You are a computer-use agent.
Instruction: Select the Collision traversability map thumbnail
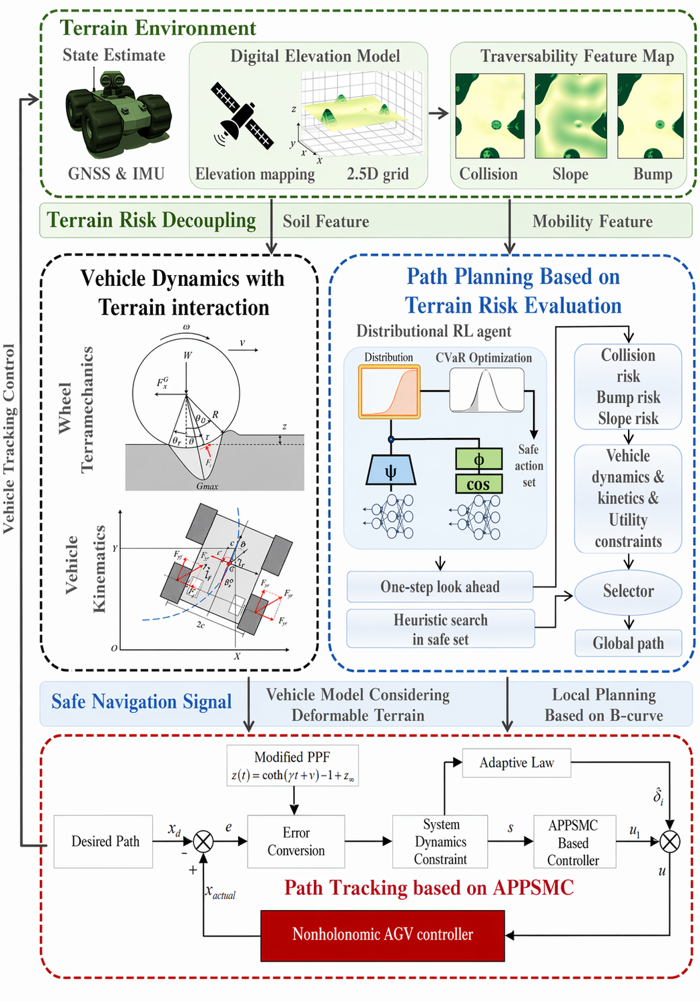point(489,116)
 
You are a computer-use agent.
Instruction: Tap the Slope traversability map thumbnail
point(571,116)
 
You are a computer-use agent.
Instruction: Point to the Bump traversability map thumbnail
point(651,116)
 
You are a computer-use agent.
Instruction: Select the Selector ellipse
point(628,592)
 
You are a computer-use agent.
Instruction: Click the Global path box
point(628,643)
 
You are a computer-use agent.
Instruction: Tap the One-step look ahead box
point(440,587)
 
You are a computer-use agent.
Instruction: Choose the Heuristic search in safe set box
point(440,629)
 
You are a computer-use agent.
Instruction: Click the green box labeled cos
point(478,484)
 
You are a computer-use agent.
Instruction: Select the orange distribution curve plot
point(390,392)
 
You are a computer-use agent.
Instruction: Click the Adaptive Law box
point(516,763)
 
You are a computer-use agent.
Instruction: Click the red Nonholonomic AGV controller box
point(382,935)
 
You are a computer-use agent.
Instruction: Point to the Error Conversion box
point(296,841)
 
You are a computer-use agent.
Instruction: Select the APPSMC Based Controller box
point(574,842)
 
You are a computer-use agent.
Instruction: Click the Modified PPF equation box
point(292,766)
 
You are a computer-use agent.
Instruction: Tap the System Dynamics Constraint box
point(440,841)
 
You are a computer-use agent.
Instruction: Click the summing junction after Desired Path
point(204,841)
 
